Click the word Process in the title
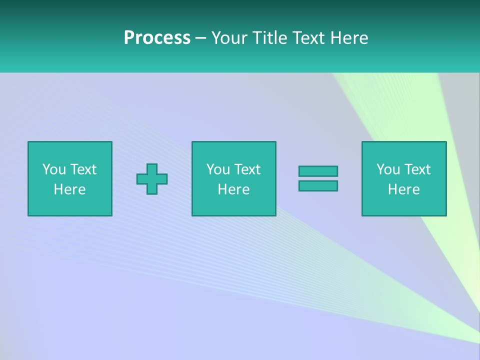[157, 38]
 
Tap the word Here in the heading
[349, 38]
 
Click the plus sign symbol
[152, 178]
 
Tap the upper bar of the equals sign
[318, 171]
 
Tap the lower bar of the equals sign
[318, 185]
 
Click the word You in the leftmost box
[54, 169]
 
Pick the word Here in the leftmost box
[69, 189]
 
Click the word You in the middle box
[218, 169]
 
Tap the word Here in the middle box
[233, 189]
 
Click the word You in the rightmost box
[388, 169]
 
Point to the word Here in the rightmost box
[403, 189]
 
